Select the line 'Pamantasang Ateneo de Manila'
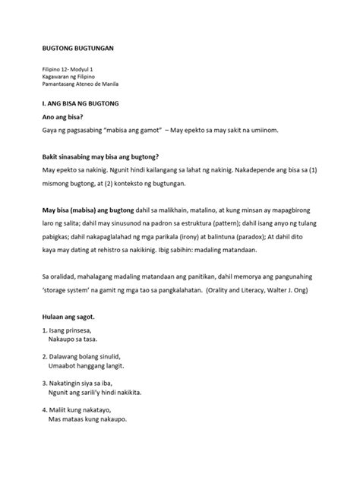click(x=84, y=85)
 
